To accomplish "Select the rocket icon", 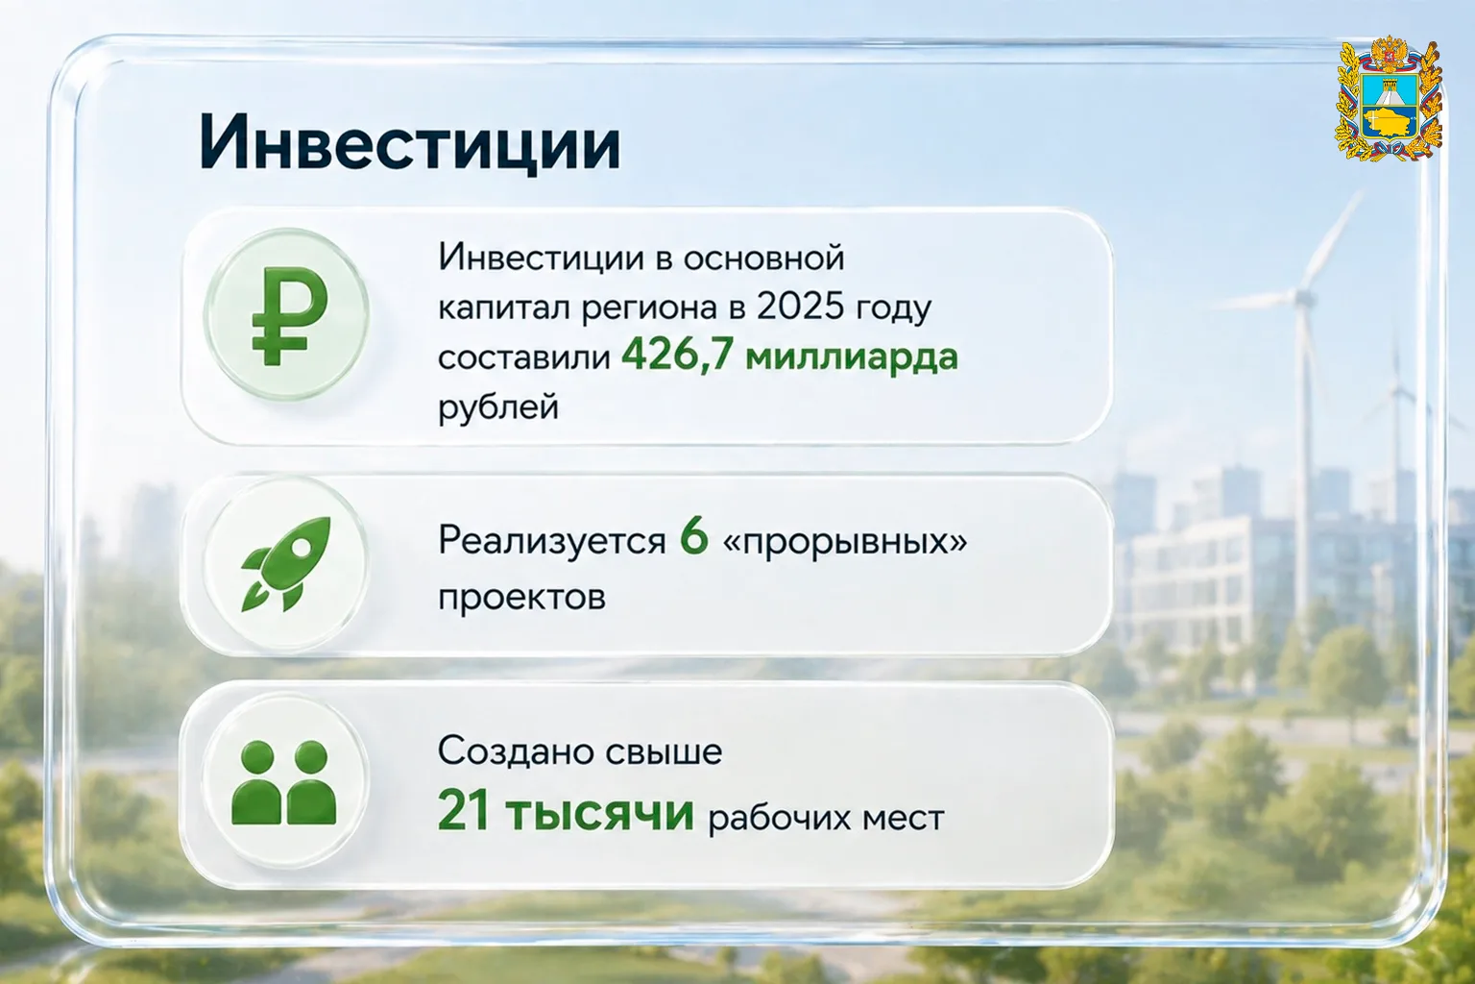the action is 286,564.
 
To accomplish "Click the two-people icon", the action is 284,782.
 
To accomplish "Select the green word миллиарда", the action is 852,357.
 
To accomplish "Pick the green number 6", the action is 694,539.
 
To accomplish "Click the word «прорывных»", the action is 845,543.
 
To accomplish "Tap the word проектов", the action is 521,599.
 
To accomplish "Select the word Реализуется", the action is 552,542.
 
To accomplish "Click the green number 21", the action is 464,812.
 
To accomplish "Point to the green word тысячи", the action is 600,815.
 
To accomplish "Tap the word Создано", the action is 516,751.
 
